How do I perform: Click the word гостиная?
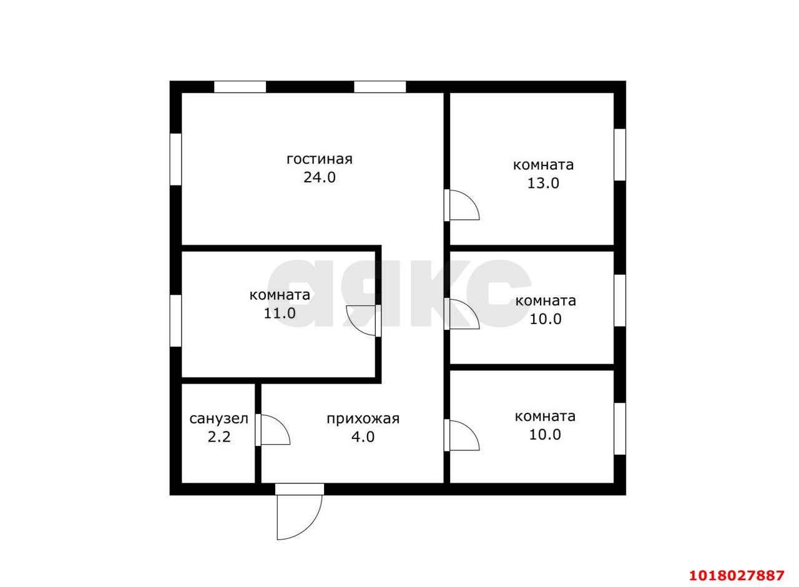[319, 159]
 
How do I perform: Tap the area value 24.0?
[319, 177]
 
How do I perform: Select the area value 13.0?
[543, 183]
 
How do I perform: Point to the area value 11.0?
[279, 313]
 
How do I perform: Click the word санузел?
[218, 418]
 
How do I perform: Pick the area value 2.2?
[219, 437]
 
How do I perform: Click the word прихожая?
[363, 419]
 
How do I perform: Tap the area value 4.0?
[363, 437]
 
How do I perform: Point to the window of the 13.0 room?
[620, 154]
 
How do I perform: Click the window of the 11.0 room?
[175, 320]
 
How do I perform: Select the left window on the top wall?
[240, 87]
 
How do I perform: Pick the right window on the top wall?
[380, 87]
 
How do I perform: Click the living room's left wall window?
[175, 159]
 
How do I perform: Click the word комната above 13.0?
[543, 165]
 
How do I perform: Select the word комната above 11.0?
[280, 295]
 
